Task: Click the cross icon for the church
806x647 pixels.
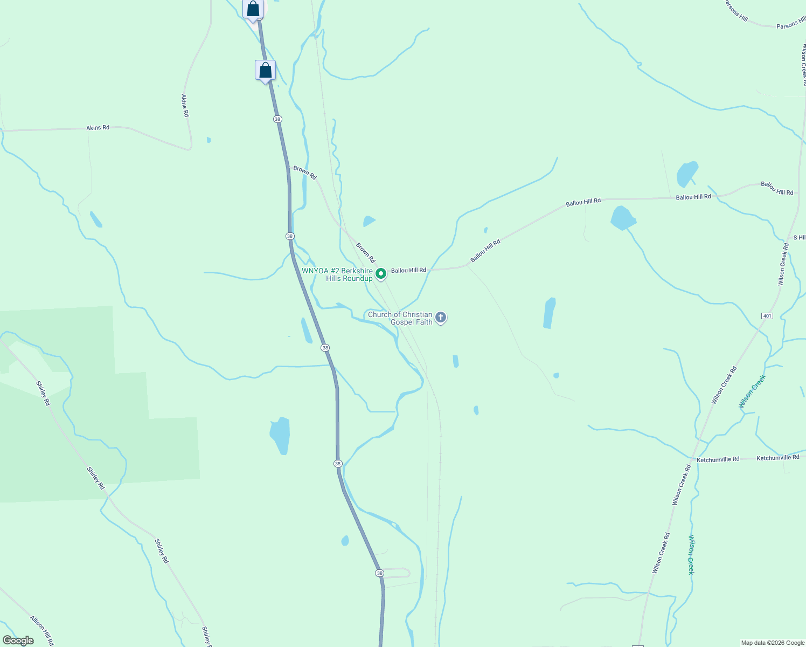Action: tap(441, 318)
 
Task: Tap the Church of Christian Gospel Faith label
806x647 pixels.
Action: tap(400, 318)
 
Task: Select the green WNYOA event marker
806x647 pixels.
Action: tap(381, 274)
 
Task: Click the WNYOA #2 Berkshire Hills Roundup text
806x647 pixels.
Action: tap(338, 274)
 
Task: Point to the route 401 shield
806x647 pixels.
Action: tap(767, 315)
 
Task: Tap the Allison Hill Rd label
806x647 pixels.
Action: tap(41, 630)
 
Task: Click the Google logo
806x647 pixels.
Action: tap(18, 641)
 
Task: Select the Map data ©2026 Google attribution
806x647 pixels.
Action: tap(773, 643)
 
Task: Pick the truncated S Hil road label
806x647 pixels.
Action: tap(799, 238)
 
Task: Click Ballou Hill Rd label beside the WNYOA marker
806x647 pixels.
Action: tap(408, 270)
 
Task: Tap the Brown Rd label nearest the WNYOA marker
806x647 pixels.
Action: tap(365, 252)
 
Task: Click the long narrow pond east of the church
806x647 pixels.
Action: tap(549, 313)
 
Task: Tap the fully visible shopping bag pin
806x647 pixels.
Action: tap(265, 71)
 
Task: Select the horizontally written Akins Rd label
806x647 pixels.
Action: tap(98, 128)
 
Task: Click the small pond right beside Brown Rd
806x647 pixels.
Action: tap(369, 221)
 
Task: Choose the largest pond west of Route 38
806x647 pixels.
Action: tap(280, 435)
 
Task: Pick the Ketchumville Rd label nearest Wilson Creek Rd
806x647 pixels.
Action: tap(718, 459)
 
